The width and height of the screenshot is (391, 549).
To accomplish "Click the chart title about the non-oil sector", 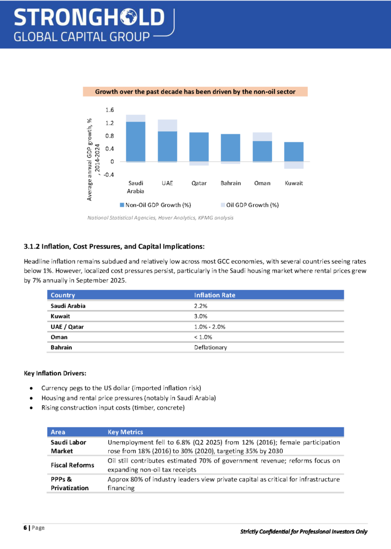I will tap(195, 92).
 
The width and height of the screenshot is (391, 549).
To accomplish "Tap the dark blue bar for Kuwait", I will tap(293, 151).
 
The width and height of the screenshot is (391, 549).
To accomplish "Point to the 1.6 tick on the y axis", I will tap(109, 110).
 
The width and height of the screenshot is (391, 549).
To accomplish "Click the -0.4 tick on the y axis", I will tap(108, 175).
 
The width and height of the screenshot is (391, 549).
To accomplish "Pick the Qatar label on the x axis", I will tap(199, 183).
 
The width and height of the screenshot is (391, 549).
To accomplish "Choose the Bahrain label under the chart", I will tap(230, 183).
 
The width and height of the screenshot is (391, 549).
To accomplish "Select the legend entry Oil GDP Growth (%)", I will tap(248, 205).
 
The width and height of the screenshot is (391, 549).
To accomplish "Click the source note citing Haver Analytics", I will tap(160, 218).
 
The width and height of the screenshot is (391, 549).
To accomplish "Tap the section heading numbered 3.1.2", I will tap(114, 247).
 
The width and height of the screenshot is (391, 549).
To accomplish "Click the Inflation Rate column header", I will tap(215, 295).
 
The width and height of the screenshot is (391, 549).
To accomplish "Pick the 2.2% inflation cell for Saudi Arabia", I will tap(201, 306).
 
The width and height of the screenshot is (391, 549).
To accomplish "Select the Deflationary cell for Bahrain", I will tap(210, 347).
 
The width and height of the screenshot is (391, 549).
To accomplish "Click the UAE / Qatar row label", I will tap(67, 327).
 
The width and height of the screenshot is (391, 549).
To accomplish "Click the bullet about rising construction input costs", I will tap(113, 408).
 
